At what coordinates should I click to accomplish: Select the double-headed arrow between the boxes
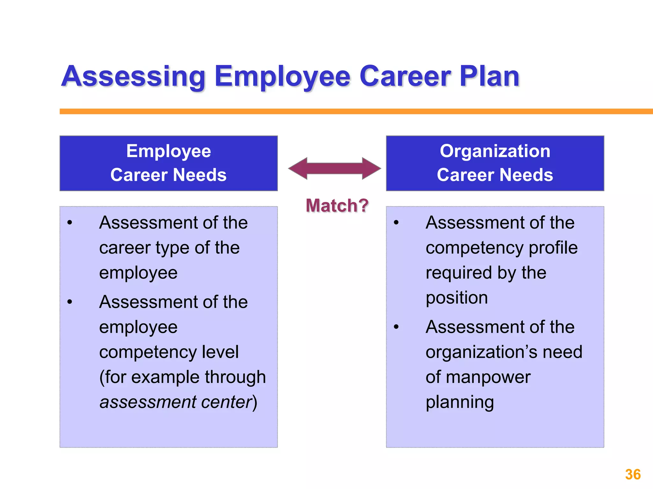pyautogui.click(x=334, y=168)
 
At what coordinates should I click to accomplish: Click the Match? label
pyautogui.click(x=337, y=205)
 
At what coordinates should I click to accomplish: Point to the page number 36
pyautogui.click(x=633, y=474)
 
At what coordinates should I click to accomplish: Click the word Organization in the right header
pyautogui.click(x=495, y=151)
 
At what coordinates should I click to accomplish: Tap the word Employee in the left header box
pyautogui.click(x=168, y=151)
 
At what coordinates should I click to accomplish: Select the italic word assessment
pyautogui.click(x=147, y=402)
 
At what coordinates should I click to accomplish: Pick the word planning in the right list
pyautogui.click(x=459, y=402)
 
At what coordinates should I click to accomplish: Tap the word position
pyautogui.click(x=457, y=298)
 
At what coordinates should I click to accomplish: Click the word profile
pyautogui.click(x=553, y=248)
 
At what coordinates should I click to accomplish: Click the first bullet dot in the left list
pyautogui.click(x=70, y=223)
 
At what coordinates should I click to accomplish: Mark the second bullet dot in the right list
pyautogui.click(x=396, y=327)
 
